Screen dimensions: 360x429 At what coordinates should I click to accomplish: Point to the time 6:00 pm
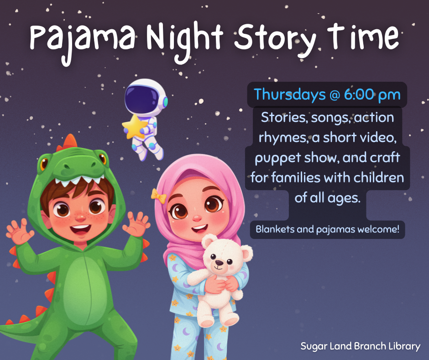[372, 95]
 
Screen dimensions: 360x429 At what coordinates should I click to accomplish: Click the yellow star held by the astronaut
[133, 127]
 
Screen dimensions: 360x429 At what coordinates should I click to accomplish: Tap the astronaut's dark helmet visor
[141, 97]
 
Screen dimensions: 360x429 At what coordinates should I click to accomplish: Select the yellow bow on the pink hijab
[158, 195]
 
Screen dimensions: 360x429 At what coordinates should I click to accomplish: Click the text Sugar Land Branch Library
[360, 346]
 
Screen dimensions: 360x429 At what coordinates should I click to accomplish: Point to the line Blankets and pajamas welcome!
[327, 229]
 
